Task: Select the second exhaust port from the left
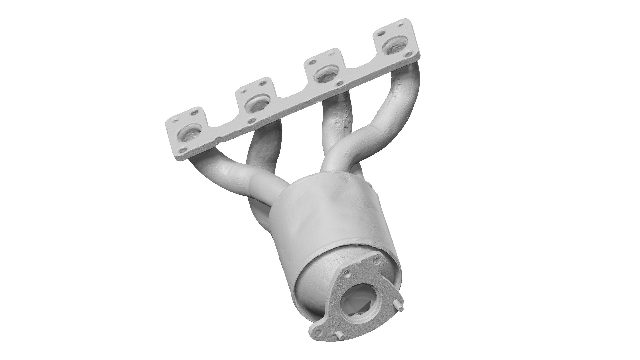pos(257,104)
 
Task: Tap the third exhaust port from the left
pos(326,75)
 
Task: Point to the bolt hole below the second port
pos(252,120)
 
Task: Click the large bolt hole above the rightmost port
pos(382,33)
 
